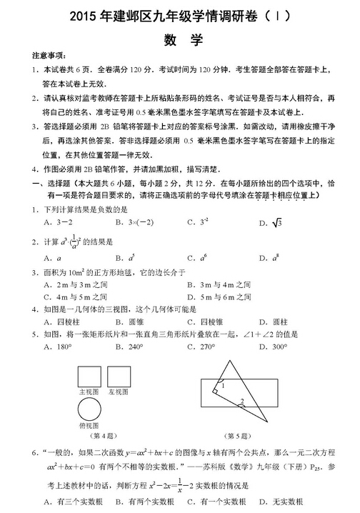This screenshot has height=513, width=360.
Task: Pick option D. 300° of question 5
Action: (272, 347)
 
